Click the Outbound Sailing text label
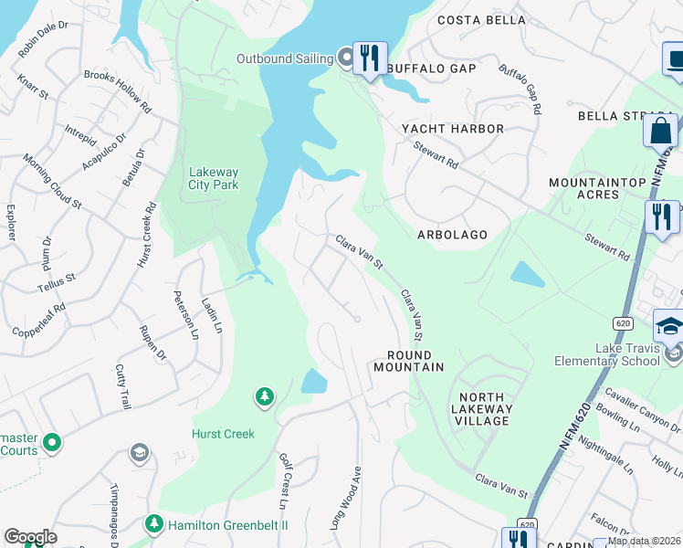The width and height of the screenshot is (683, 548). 284,58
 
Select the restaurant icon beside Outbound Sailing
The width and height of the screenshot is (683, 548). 370,58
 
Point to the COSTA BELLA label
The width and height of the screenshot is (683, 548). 481,20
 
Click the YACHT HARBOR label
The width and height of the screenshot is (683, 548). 453,130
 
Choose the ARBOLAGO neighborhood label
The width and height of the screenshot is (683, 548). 452,235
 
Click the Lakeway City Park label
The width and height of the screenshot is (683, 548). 213,178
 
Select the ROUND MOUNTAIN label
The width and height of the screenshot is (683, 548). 408,361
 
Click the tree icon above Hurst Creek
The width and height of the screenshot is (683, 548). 265,396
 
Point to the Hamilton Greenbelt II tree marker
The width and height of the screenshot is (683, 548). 154,524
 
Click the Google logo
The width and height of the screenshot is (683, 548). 30,537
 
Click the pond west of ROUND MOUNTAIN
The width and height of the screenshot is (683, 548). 313,381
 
